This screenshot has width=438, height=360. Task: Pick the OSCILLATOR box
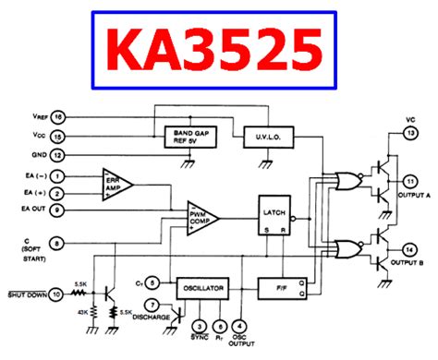pyautogui.click(x=201, y=288)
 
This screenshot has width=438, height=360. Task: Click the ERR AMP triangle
pyautogui.click(x=116, y=183)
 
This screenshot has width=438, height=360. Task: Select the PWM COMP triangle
pyautogui.click(x=201, y=218)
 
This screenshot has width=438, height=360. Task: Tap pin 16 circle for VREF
pyautogui.click(x=57, y=118)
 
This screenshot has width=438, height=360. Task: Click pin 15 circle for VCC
pyautogui.click(x=57, y=136)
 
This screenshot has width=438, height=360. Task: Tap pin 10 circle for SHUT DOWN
pyautogui.click(x=57, y=294)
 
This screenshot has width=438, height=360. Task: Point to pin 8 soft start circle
pyautogui.click(x=57, y=244)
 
